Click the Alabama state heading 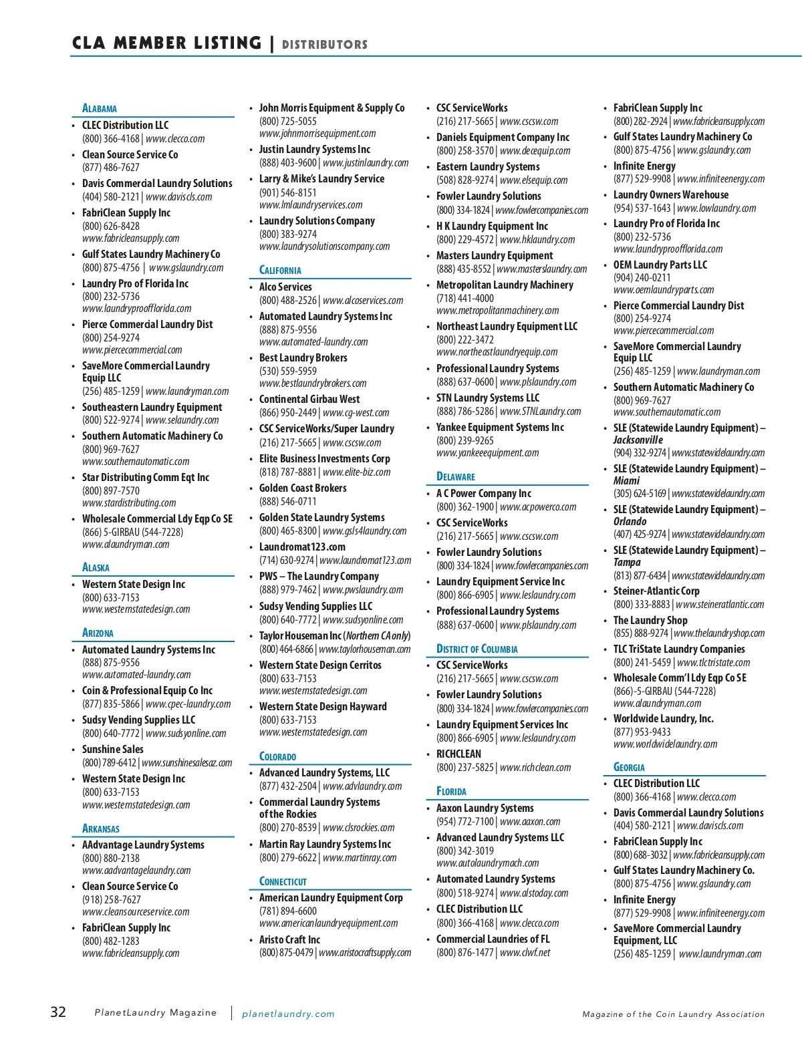100,108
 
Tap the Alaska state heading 96,567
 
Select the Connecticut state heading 283,881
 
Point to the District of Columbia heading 477,649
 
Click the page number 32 59,1012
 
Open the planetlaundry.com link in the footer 288,1014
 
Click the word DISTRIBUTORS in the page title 325,45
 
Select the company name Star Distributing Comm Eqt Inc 146,477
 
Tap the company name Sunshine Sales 113,749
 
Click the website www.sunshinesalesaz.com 187,762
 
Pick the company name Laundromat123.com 302,547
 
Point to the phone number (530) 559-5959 288,371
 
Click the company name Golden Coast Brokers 303,488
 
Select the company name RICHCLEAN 458,754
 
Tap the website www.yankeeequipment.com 487,452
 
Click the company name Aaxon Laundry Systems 485,808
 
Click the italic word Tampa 627,562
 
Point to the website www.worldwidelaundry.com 665,744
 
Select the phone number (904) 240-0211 642,277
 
